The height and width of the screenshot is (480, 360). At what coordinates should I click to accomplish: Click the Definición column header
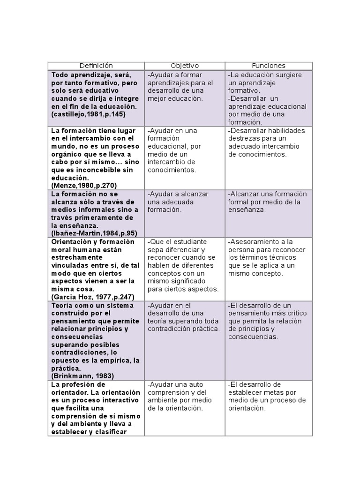point(96,66)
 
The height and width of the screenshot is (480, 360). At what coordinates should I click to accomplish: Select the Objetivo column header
point(185,66)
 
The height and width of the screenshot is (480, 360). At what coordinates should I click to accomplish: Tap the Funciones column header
point(269,66)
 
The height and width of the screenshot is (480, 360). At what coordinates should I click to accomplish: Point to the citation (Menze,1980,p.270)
point(84,186)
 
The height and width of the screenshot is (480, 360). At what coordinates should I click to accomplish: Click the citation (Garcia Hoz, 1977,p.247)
point(93,297)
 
